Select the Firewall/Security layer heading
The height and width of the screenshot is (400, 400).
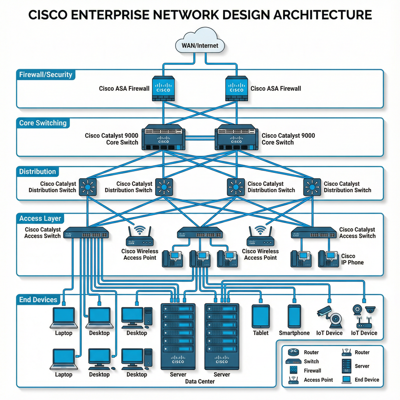[45, 75]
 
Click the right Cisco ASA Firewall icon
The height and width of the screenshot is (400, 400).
[236, 88]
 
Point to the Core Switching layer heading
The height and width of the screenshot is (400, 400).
[43, 123]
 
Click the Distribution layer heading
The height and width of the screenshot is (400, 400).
[37, 172]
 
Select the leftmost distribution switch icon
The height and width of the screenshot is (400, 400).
[88, 187]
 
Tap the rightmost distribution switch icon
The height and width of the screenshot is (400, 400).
[312, 187]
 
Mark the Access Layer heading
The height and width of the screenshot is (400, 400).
[40, 219]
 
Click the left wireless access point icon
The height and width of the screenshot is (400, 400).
[140, 237]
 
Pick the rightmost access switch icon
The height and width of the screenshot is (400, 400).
[313, 233]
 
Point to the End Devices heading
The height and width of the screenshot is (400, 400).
[38, 300]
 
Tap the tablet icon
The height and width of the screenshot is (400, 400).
[260, 316]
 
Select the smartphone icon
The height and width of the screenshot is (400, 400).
[294, 316]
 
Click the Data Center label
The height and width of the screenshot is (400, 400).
[200, 381]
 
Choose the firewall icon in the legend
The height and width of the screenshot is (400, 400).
[293, 370]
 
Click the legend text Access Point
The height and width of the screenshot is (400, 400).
[318, 380]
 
